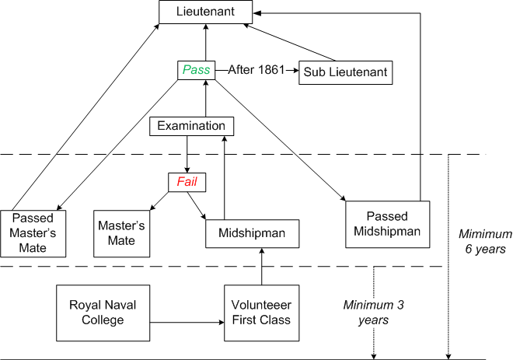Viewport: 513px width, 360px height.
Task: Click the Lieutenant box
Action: pyautogui.click(x=205, y=12)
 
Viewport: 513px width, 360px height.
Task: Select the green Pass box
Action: pyautogui.click(x=197, y=70)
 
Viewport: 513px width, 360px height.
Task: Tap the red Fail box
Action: pyautogui.click(x=187, y=182)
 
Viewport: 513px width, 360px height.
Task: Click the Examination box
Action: pyautogui.click(x=192, y=126)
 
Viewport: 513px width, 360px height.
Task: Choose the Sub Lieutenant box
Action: pyautogui.click(x=345, y=72)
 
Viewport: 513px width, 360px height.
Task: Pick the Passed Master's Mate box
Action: pyautogui.click(x=33, y=233)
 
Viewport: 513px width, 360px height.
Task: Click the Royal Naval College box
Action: pyautogui.click(x=103, y=313)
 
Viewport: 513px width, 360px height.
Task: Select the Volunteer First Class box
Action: pyautogui.click(x=261, y=313)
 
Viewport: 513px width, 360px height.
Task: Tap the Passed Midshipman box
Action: pyautogui.click(x=387, y=224)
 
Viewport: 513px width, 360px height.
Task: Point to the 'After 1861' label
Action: pyautogui.click(x=256, y=70)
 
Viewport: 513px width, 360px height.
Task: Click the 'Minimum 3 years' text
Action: pyautogui.click(x=373, y=313)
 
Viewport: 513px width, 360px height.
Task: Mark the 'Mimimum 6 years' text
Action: pyautogui.click(x=485, y=242)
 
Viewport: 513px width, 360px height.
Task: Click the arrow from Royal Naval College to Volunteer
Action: pyautogui.click(x=187, y=323)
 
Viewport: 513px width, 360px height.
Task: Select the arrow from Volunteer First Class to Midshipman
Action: pyautogui.click(x=261, y=267)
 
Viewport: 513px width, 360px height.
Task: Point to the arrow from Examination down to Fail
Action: pyautogui.click(x=187, y=154)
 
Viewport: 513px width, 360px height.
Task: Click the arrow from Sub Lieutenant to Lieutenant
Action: pyautogui.click(x=290, y=43)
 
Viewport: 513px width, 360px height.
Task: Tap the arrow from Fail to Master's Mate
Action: pyautogui.click(x=159, y=201)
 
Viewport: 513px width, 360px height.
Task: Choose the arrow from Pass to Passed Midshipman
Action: pyautogui.click(x=281, y=140)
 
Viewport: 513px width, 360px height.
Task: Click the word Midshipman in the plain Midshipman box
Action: pyautogui.click(x=252, y=233)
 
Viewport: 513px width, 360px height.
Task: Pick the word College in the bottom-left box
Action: pyautogui.click(x=103, y=320)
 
